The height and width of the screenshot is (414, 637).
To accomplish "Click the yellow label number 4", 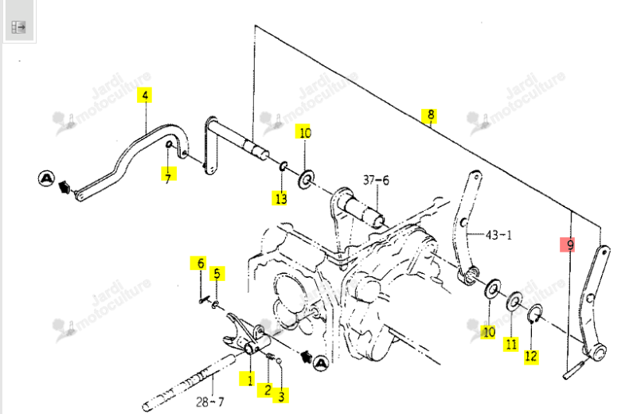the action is click(x=145, y=95).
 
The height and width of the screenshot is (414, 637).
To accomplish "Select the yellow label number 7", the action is click(x=169, y=174).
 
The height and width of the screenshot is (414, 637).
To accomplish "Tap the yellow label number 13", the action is click(x=280, y=198).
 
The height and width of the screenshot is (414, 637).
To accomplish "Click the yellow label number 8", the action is click(x=431, y=115).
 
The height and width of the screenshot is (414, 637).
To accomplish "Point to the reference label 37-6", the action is click(x=376, y=180).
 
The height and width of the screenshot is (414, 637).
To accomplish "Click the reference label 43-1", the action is click(x=499, y=235).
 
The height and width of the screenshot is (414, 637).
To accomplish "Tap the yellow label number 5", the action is click(x=217, y=273).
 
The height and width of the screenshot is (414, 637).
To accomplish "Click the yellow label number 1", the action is click(x=249, y=379).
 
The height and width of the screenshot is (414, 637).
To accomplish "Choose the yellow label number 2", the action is click(x=268, y=390).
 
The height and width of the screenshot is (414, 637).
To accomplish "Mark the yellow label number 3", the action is click(x=282, y=396).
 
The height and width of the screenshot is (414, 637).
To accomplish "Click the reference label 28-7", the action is click(x=209, y=402).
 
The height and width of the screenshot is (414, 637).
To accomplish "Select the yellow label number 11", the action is click(x=511, y=344).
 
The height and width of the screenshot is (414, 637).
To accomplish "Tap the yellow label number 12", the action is click(x=531, y=357).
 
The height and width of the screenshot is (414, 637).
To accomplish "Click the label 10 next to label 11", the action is click(x=489, y=332).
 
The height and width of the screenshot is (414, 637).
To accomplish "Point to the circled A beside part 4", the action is click(x=47, y=178).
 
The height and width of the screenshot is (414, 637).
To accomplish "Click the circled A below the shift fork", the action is click(x=321, y=363).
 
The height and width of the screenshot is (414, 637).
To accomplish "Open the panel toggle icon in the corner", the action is click(x=18, y=27).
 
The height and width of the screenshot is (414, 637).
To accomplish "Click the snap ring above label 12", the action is click(x=534, y=314).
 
